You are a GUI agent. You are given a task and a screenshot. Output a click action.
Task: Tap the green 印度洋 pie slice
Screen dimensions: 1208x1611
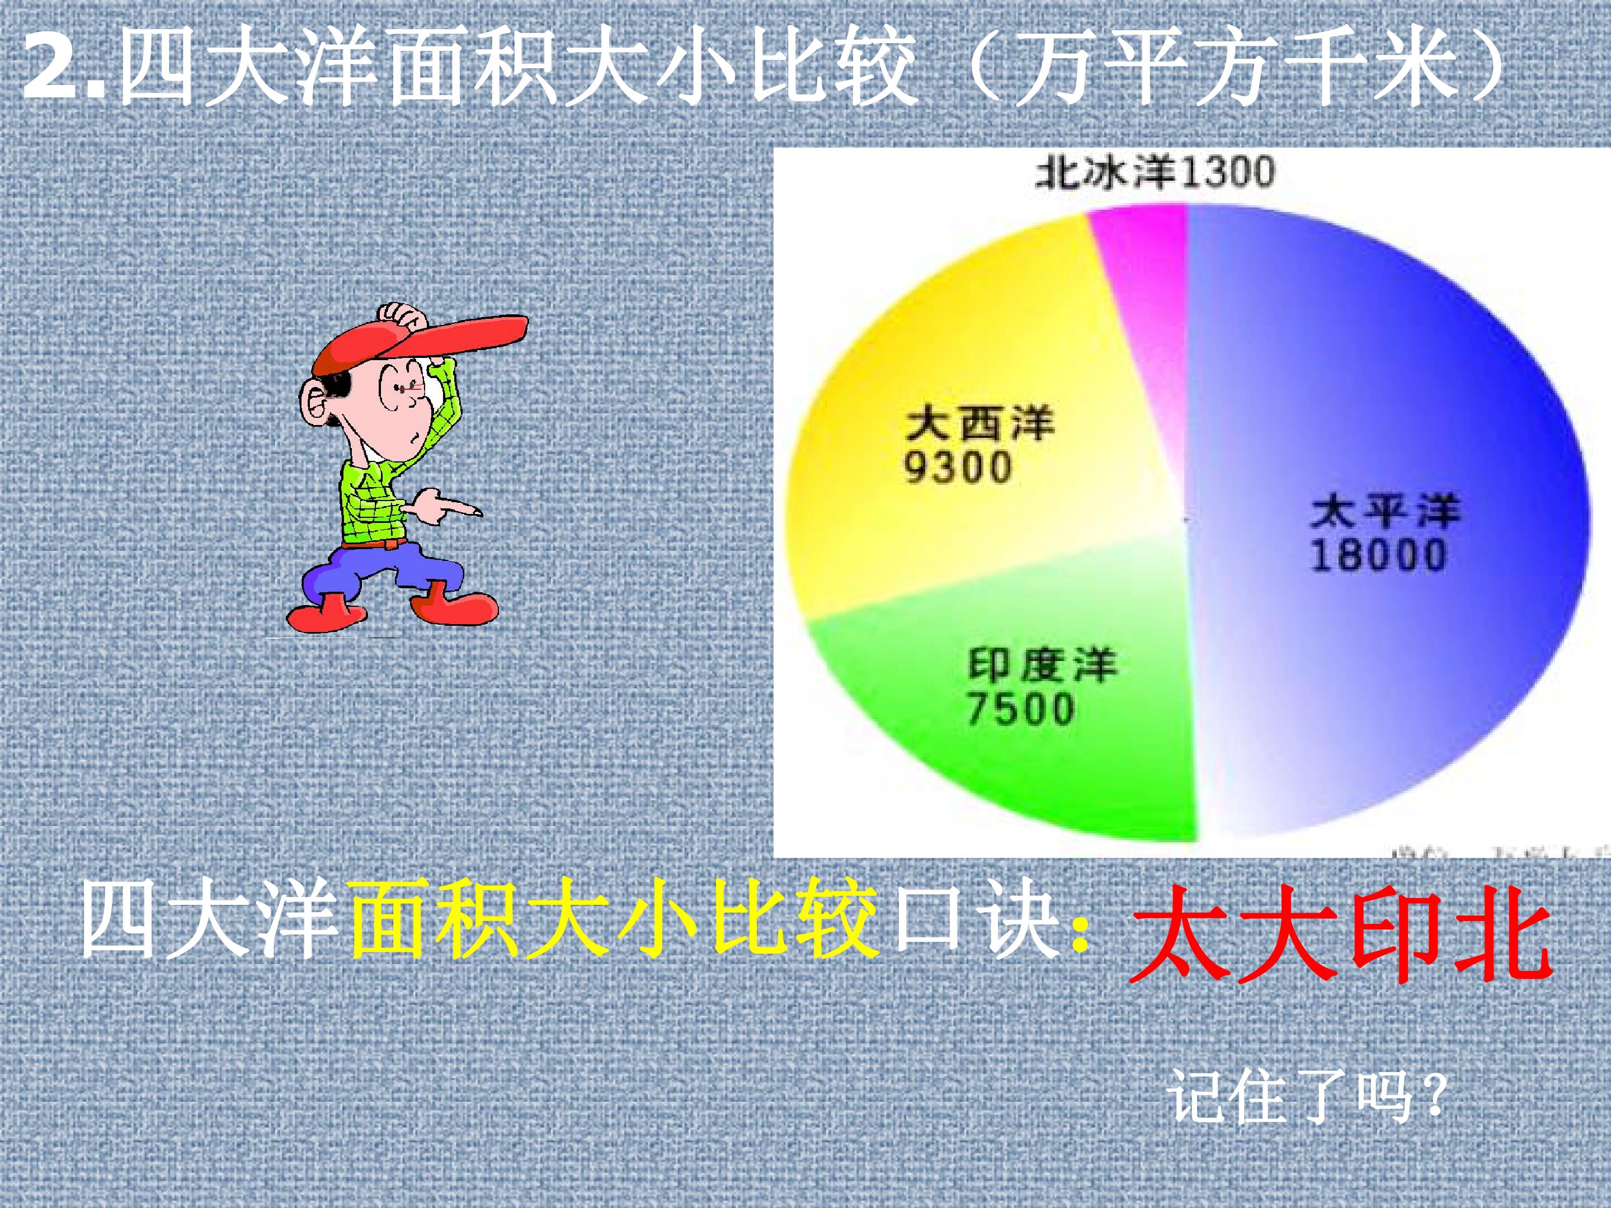[x=1078, y=772]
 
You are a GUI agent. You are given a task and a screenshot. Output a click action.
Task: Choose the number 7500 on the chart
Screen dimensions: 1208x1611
[x=1020, y=709]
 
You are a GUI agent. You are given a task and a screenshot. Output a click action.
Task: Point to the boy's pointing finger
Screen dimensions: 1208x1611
[x=466, y=509]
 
